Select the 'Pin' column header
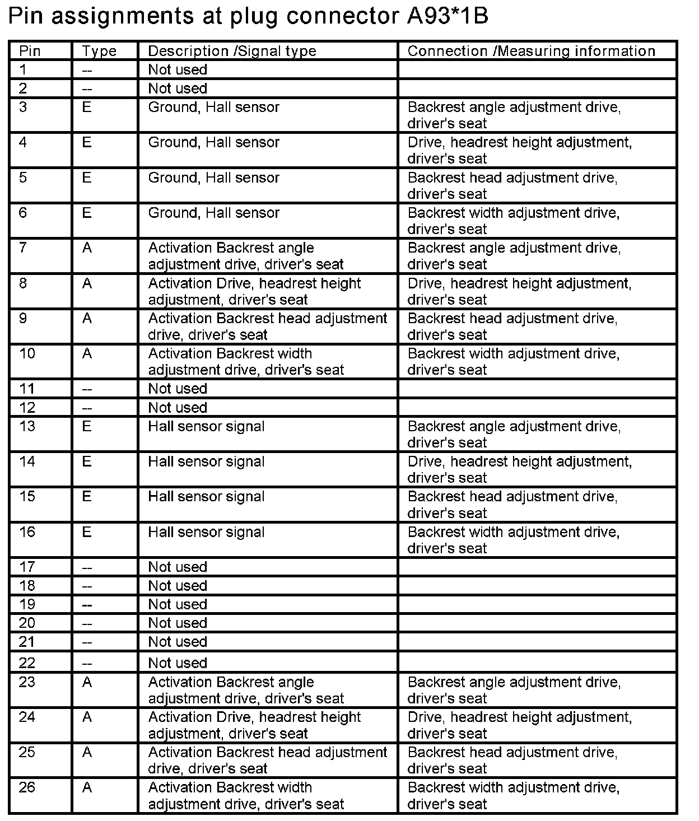[30, 51]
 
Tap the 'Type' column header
[99, 51]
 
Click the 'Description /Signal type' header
[232, 51]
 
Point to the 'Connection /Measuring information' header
[531, 51]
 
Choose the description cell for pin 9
[267, 326]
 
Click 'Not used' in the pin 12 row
[178, 408]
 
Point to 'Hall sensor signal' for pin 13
[206, 427]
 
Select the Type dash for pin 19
[87, 605]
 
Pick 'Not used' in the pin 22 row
[178, 663]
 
